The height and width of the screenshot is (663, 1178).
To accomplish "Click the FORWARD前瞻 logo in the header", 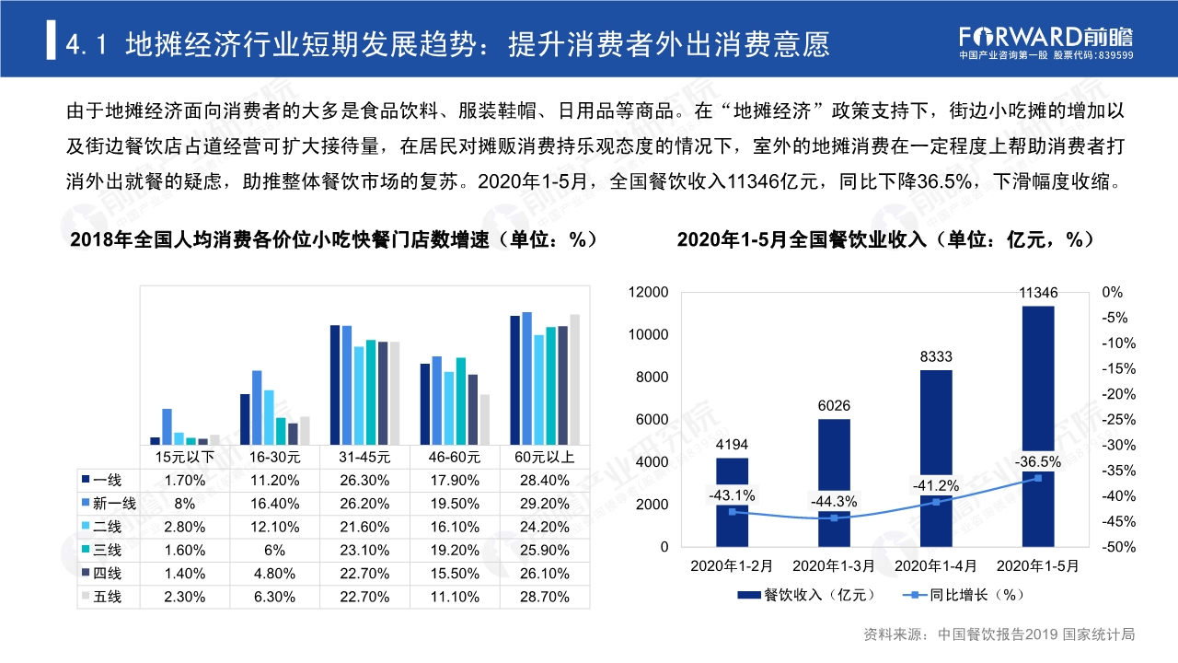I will click(x=1045, y=37).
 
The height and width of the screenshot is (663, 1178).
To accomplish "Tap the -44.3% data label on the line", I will click(x=834, y=502).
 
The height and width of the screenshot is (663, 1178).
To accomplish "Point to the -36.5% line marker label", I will click(x=1038, y=461).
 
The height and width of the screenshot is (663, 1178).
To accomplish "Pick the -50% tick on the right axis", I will click(x=1113, y=547).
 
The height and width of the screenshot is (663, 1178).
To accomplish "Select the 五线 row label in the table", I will click(x=107, y=597).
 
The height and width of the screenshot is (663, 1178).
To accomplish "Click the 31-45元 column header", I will click(x=366, y=456).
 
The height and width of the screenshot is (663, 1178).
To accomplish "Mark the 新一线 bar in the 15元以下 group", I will click(x=167, y=426).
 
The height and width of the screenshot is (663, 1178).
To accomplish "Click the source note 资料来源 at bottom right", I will click(x=999, y=634).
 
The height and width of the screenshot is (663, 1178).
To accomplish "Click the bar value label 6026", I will click(x=834, y=406).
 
